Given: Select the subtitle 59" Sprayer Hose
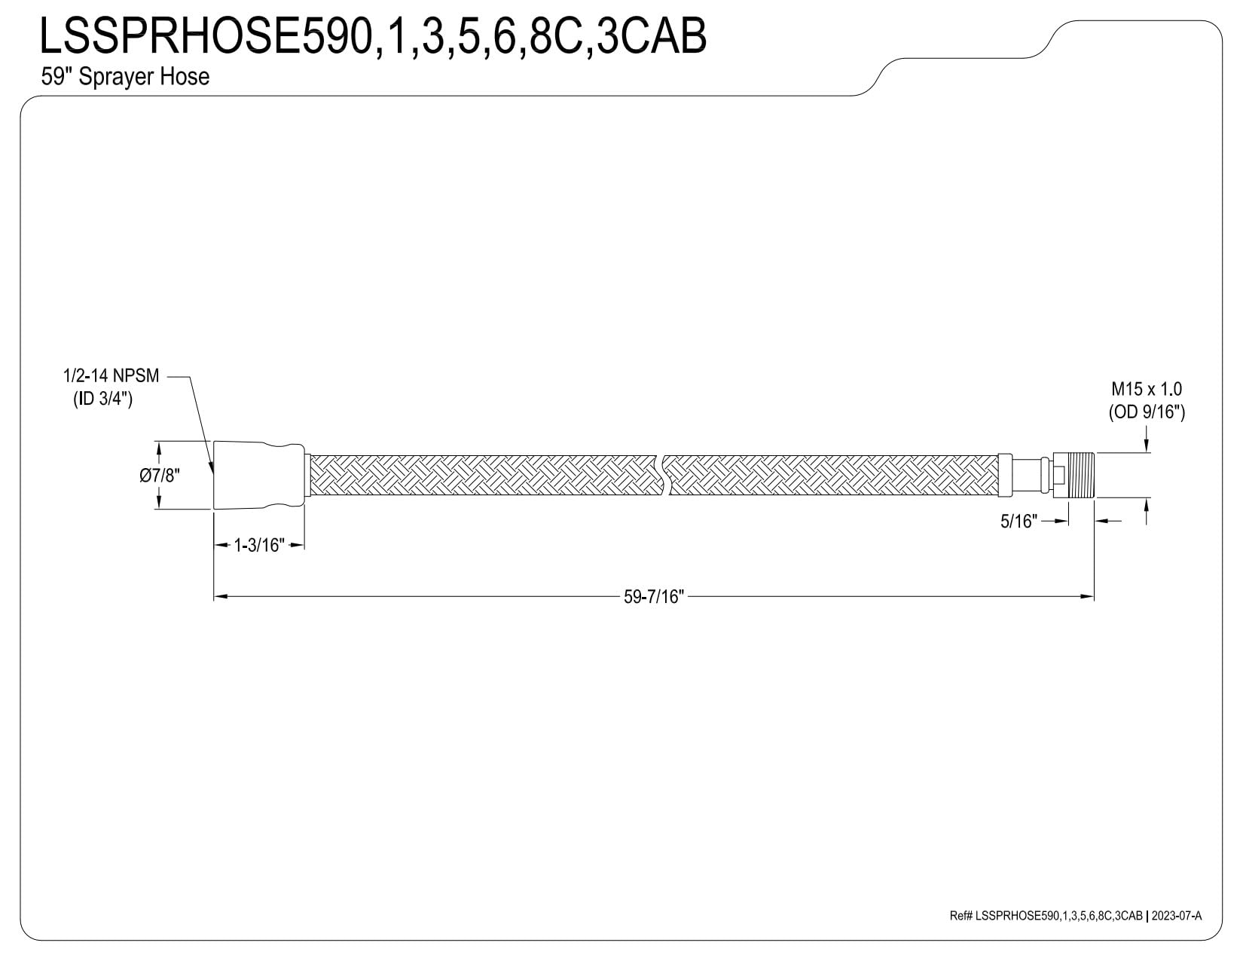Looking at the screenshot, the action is pos(125,76).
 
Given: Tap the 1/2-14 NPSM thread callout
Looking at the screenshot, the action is pos(111,376).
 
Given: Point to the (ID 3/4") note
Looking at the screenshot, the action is pos(103,399).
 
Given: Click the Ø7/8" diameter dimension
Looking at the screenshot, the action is pos(160,475).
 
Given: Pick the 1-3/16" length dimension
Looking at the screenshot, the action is pos(259,545).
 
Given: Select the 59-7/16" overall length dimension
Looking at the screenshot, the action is pos(654,596).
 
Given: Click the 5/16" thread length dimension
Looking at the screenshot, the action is pos(1019,521).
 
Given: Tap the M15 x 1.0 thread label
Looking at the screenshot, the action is pos(1147,389).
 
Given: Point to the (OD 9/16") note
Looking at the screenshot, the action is pos(1147,412).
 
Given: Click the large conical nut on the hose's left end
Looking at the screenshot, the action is pos(258,475).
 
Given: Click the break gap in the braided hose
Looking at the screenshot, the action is pos(667,475).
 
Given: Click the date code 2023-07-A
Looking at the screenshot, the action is pos(1177,932).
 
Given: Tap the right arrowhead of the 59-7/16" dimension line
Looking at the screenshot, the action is pos(1087,596).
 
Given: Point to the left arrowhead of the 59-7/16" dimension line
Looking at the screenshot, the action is pos(221,596).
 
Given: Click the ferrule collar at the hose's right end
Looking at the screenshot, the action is pos(1005,475).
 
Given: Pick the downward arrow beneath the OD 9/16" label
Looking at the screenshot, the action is pos(1147,444).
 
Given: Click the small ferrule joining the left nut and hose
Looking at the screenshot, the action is pos(307,475).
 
